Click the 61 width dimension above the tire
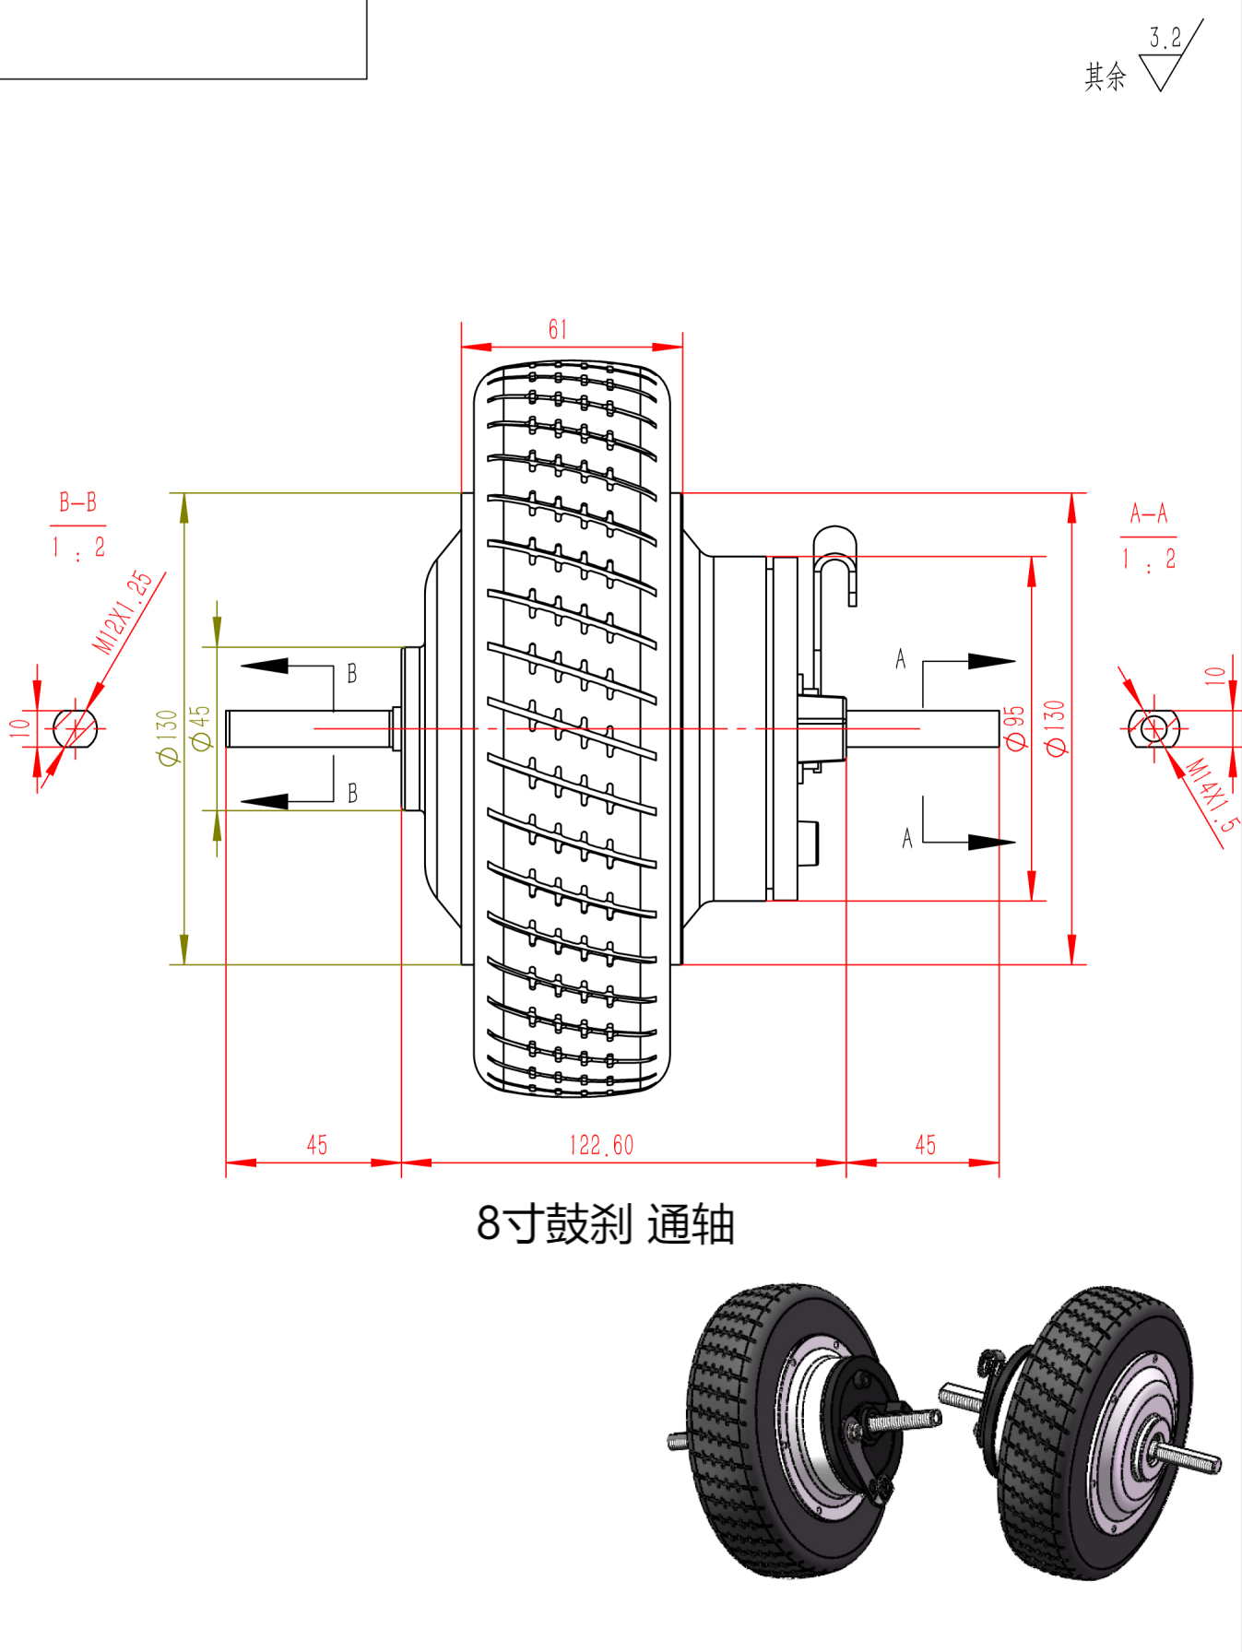coord(558,330)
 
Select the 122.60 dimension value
coord(601,1145)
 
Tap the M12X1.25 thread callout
coord(124,611)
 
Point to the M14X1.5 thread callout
coord(1212,795)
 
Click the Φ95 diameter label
coord(1014,728)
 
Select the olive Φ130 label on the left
coord(167,737)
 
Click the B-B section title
coord(78,502)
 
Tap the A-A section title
coord(1149,513)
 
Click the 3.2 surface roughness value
coord(1165,38)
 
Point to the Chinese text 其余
coord(1105,77)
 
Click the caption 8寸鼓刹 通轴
coord(605,1224)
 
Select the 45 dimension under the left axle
coord(316,1145)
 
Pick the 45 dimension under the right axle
coord(925,1145)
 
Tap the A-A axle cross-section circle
coord(1153,729)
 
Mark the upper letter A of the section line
coord(901,659)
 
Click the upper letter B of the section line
coord(352,674)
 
